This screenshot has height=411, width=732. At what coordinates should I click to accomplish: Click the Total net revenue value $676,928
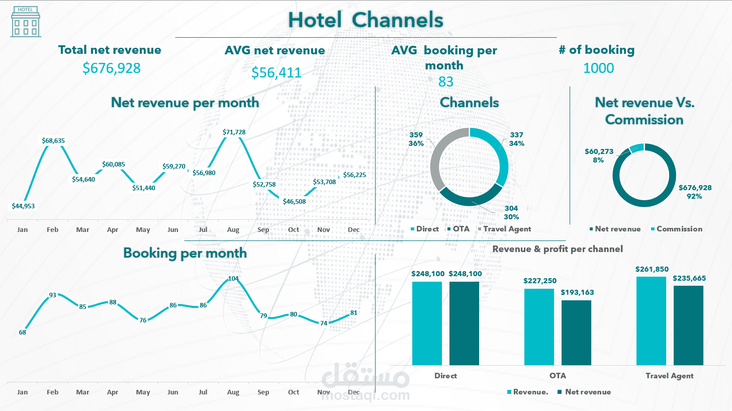pyautogui.click(x=112, y=68)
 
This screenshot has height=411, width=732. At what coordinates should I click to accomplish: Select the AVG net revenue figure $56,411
pyautogui.click(x=276, y=72)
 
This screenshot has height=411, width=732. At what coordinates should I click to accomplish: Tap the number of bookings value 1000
pyautogui.click(x=598, y=68)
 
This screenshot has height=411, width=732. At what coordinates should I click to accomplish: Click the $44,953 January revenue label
pyautogui.click(x=23, y=205)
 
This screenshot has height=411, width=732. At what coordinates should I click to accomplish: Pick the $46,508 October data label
pyautogui.click(x=294, y=201)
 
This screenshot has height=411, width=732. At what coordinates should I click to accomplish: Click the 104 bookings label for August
pyautogui.click(x=233, y=278)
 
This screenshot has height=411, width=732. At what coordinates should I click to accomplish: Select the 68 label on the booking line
pyautogui.click(x=22, y=332)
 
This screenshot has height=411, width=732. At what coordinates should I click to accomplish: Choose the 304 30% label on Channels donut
pyautogui.click(x=511, y=212)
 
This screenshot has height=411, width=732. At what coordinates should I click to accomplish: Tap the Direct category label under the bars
pyautogui.click(x=445, y=376)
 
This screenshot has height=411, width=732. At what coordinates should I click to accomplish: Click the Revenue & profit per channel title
pyautogui.click(x=558, y=249)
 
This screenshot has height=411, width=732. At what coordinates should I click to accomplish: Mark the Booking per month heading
pyautogui.click(x=185, y=253)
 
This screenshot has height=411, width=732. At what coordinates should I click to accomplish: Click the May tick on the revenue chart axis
pyautogui.click(x=143, y=230)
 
